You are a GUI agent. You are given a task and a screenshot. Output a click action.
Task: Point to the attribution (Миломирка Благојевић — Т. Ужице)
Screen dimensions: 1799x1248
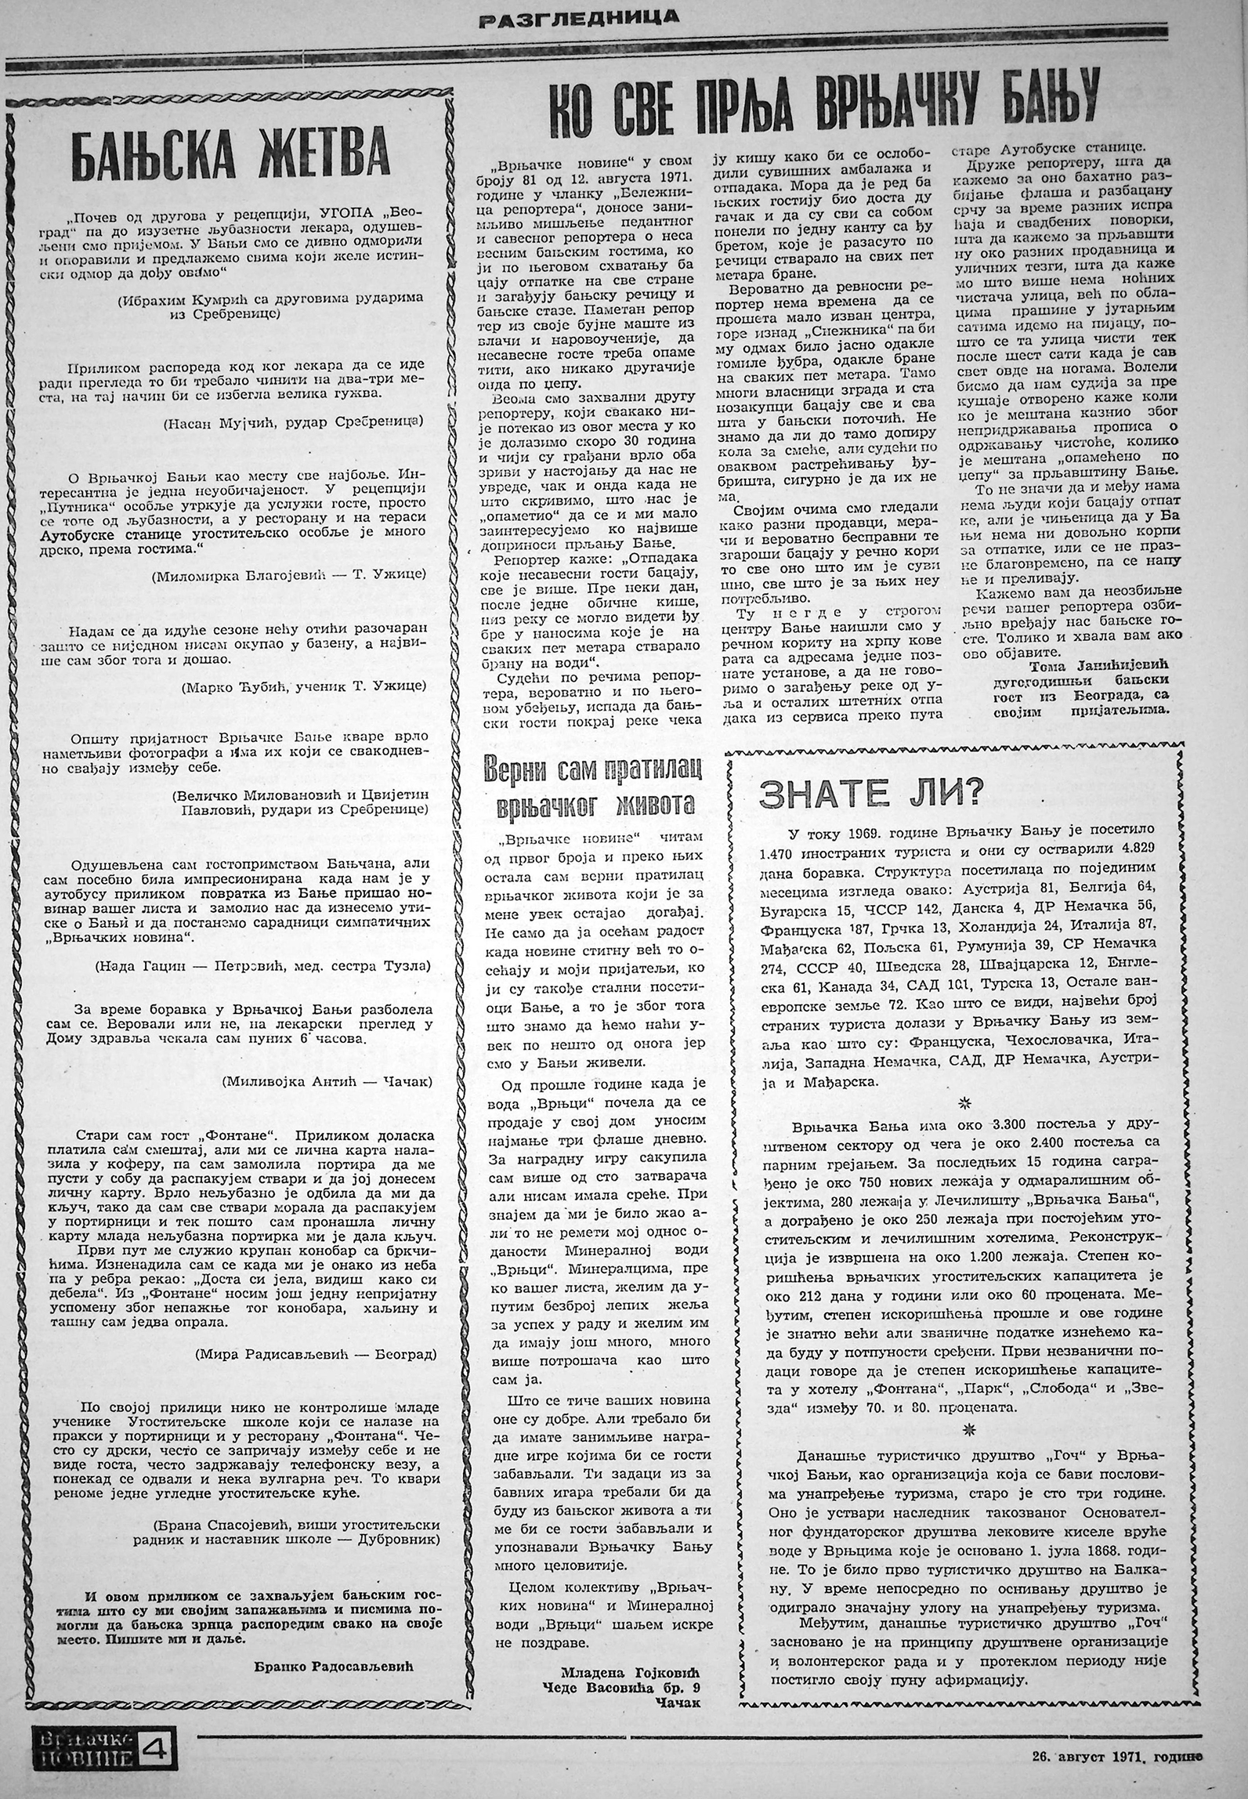tap(290, 574)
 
